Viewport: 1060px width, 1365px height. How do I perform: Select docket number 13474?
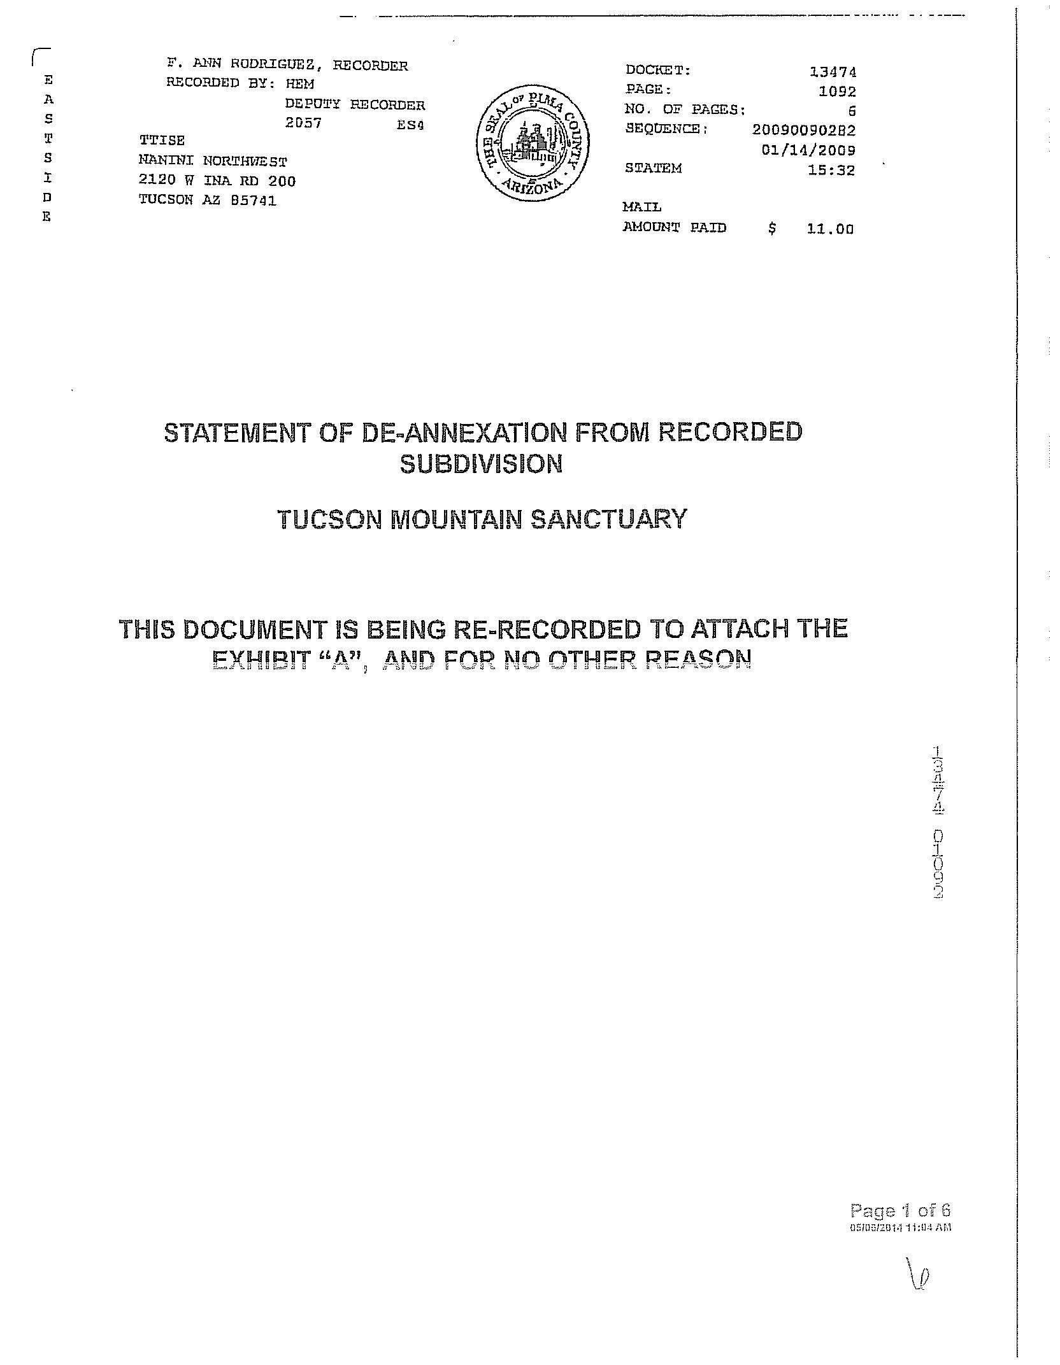[x=833, y=72]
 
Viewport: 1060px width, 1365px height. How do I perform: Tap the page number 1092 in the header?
[x=837, y=91]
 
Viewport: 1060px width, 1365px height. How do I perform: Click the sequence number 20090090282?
[x=804, y=130]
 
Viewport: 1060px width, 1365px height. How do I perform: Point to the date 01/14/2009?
[x=808, y=150]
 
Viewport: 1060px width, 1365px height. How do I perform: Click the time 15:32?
[x=831, y=170]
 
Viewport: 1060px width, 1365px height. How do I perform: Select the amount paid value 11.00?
[x=829, y=229]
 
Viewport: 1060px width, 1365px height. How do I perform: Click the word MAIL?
[x=641, y=207]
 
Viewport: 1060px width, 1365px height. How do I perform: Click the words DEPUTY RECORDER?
[x=354, y=104]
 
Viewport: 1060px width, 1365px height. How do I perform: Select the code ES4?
[x=410, y=125]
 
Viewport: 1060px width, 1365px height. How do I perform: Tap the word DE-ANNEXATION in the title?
[x=464, y=433]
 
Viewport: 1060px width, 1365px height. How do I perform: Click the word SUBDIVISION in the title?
[x=481, y=464]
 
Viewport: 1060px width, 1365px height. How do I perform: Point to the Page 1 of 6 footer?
[x=899, y=1210]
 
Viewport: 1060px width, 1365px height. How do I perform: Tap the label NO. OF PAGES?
[x=685, y=110]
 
